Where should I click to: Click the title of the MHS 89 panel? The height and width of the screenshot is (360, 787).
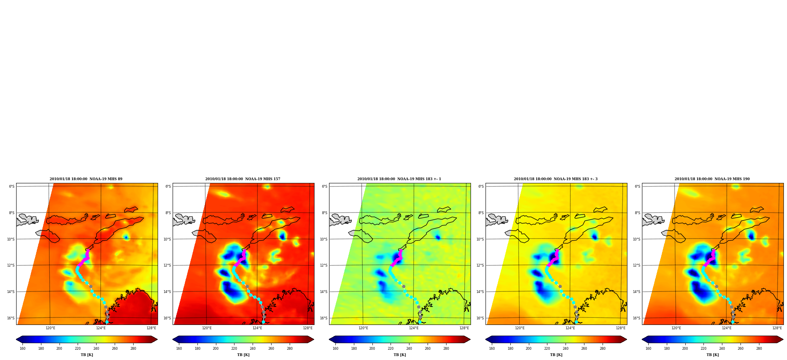[x=86, y=179]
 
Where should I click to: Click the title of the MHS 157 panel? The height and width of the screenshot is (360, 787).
[x=243, y=179]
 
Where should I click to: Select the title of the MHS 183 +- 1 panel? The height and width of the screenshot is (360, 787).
[x=399, y=179]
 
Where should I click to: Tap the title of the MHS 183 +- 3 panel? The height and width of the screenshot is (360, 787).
[x=556, y=179]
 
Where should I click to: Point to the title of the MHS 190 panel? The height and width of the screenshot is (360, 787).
[x=712, y=179]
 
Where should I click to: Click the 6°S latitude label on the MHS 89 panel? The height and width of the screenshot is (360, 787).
[x=12, y=187]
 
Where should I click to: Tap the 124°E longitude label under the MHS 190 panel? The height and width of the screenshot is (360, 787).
[x=727, y=328]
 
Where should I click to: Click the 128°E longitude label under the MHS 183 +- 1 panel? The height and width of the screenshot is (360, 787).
[x=464, y=328]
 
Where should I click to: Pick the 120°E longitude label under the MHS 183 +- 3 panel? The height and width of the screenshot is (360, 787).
[x=520, y=328]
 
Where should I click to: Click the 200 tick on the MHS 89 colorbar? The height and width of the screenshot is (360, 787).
[x=59, y=349]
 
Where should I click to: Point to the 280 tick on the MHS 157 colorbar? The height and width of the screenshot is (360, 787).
[x=290, y=349]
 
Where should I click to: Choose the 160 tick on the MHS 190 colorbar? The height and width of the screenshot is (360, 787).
[x=648, y=349]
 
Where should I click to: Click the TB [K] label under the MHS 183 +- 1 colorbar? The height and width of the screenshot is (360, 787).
[x=400, y=355]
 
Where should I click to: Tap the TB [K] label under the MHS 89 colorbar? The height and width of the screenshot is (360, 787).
[x=87, y=355]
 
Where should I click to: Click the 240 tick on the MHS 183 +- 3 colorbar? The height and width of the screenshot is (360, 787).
[x=566, y=349]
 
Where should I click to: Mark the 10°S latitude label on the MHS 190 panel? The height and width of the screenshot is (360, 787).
[x=636, y=239]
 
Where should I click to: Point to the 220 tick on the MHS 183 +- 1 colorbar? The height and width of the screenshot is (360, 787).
[x=391, y=349]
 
